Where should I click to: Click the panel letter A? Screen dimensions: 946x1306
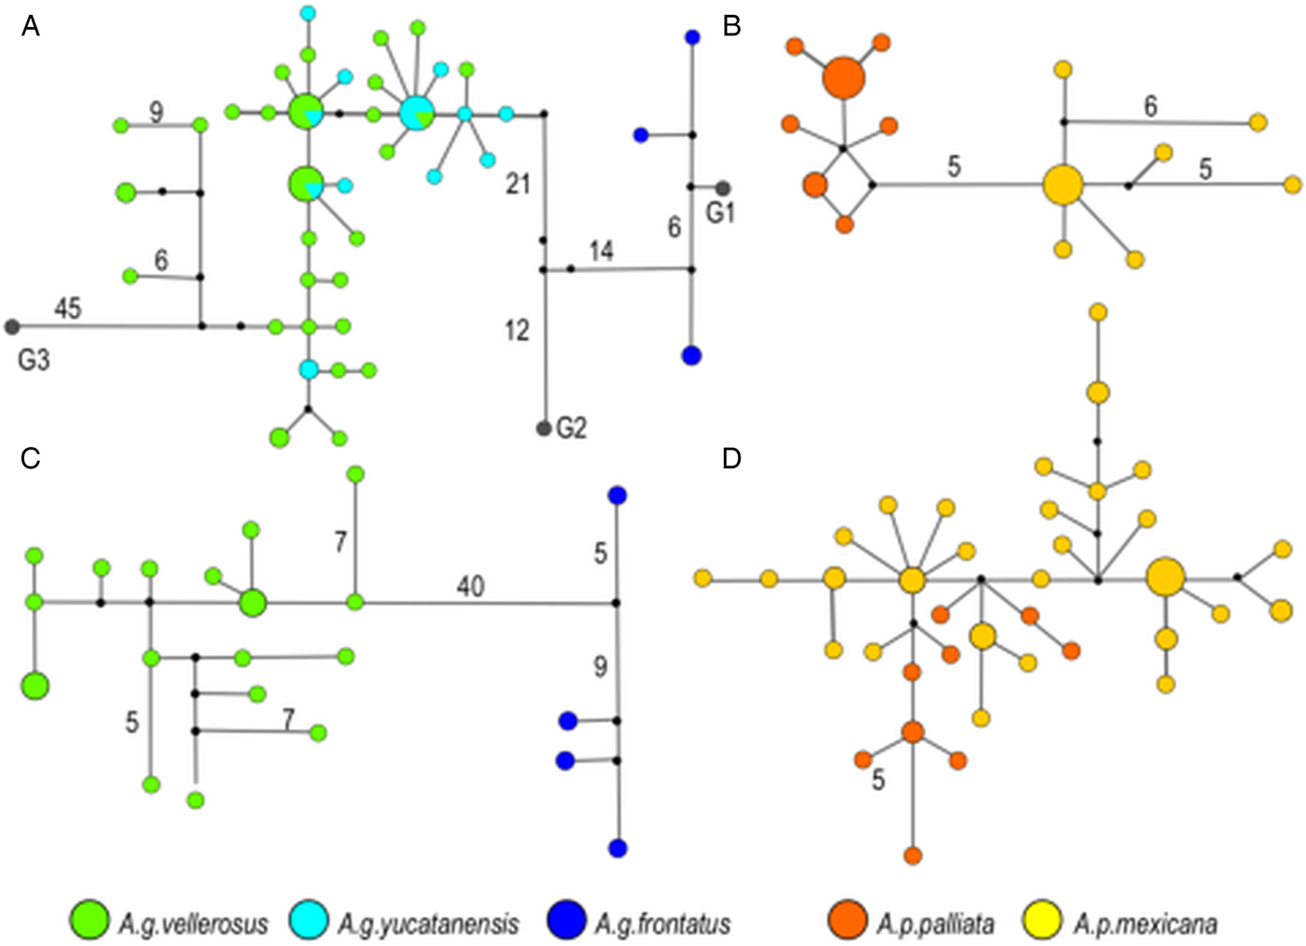31,27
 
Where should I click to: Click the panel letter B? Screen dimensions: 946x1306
731,27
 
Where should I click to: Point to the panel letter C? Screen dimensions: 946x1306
31,458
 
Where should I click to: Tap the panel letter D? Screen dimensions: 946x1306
731,458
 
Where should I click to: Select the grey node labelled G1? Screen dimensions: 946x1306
723,188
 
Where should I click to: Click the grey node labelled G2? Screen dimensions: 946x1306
544,428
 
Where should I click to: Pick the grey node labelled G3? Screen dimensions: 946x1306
12,327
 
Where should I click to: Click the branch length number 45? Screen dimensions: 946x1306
67,307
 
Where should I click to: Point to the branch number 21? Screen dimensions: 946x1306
518,184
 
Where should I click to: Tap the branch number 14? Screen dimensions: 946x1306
602,250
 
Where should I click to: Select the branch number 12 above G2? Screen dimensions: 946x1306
517,330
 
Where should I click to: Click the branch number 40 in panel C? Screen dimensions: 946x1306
470,586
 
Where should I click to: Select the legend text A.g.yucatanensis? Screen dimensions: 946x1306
427,924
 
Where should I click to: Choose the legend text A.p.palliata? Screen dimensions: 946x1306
936,924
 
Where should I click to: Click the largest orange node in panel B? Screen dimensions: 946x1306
844,77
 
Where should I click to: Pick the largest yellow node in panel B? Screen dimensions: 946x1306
1063,185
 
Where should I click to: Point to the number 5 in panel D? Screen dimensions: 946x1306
878,780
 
